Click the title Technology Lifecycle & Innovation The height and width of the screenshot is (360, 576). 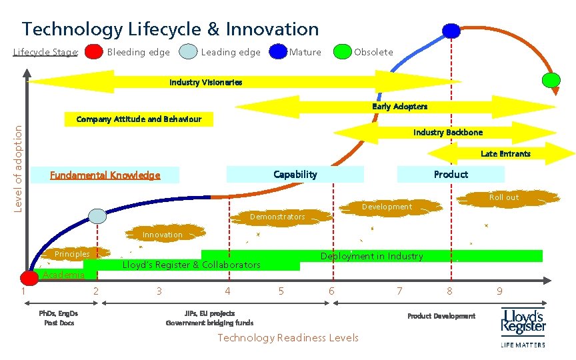coord(170,29)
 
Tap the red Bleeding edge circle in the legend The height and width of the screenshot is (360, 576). coord(95,52)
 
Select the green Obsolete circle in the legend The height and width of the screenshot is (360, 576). coord(343,52)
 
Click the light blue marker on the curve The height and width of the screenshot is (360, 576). coord(98,216)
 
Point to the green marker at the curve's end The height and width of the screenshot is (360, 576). coord(551,80)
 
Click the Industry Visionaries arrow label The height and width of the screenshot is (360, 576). coord(205,83)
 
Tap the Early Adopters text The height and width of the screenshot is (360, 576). coord(399,107)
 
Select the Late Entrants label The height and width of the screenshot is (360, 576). coord(505,154)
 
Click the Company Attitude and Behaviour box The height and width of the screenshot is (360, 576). coord(139,120)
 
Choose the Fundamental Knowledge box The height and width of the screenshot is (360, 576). coord(105,175)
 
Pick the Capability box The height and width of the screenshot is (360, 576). coord(295,175)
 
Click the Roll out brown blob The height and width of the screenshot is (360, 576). coord(503,197)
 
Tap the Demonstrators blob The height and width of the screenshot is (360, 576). coord(277,217)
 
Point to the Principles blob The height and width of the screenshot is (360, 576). coord(72,254)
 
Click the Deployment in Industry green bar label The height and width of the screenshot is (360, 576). coord(371,256)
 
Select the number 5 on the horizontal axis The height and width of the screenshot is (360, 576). coord(281,291)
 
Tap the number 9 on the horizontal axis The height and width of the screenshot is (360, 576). coord(499,291)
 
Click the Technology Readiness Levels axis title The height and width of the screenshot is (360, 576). coord(288,338)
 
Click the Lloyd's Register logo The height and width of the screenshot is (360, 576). coord(523,326)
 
